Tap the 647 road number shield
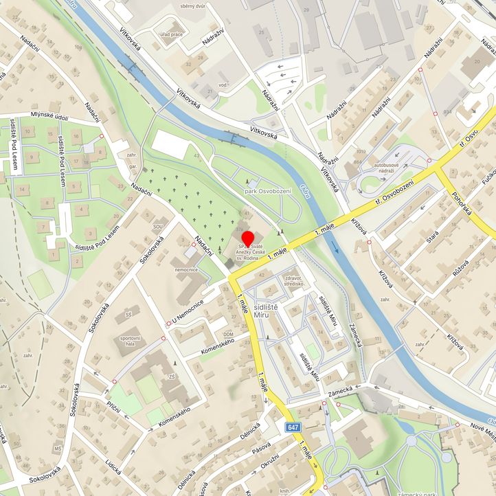point(293,427)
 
